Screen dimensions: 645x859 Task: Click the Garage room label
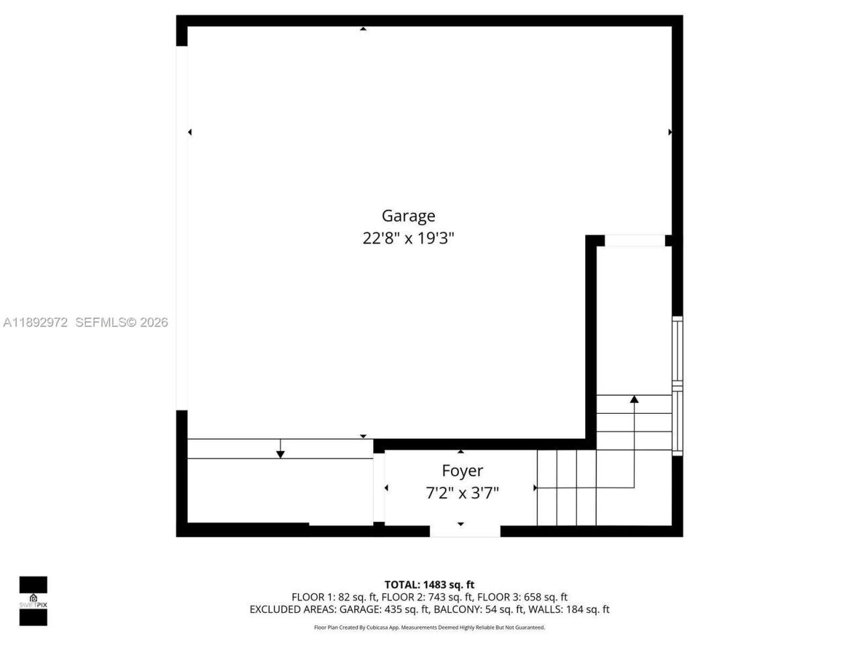(x=408, y=216)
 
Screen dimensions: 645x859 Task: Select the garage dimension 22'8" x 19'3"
(x=408, y=239)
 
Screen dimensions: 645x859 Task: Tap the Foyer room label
(x=462, y=471)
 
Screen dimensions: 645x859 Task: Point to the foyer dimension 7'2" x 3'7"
(x=462, y=494)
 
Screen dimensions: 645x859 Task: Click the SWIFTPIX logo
(x=33, y=601)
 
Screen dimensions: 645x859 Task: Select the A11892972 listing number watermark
(x=36, y=322)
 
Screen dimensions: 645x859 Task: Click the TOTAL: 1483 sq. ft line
(x=429, y=585)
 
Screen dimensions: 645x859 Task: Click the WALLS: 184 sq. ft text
(x=569, y=610)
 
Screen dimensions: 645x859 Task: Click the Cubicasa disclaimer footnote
(x=429, y=628)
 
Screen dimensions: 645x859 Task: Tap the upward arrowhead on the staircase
(x=634, y=399)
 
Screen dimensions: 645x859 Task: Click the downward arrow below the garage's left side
(x=281, y=455)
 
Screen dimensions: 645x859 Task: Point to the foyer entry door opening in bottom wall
(x=464, y=531)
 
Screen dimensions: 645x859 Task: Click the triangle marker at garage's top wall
(x=363, y=29)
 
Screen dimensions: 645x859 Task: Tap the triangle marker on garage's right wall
(x=669, y=132)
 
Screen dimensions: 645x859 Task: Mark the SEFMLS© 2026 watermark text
(x=121, y=322)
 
